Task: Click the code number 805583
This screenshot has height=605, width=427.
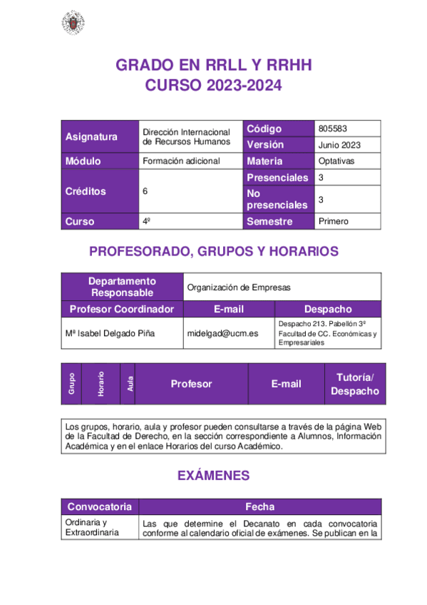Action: click(x=334, y=128)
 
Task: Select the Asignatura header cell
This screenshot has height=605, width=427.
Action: click(x=91, y=137)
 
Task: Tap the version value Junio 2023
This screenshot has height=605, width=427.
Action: click(x=339, y=145)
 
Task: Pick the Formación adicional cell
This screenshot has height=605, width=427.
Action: click(x=181, y=161)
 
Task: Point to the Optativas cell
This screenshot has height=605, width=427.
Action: click(x=336, y=161)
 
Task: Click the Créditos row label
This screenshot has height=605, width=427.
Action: click(x=86, y=191)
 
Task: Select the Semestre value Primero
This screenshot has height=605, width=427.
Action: click(x=334, y=221)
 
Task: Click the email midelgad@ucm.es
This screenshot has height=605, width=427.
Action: click(x=222, y=333)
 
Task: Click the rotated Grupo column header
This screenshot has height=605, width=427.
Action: click(x=72, y=384)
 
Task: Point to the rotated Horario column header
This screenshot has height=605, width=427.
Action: click(x=101, y=384)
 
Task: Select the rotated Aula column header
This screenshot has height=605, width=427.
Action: click(x=129, y=384)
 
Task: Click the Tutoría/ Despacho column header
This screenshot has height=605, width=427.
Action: click(x=355, y=384)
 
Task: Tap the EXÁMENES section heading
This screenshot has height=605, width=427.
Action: click(x=213, y=475)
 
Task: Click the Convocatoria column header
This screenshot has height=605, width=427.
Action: click(x=99, y=507)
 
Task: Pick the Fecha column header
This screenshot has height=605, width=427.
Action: click(x=259, y=507)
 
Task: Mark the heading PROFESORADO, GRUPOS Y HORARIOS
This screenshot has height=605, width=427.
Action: click(x=213, y=251)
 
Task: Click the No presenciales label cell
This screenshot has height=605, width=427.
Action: click(x=277, y=199)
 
